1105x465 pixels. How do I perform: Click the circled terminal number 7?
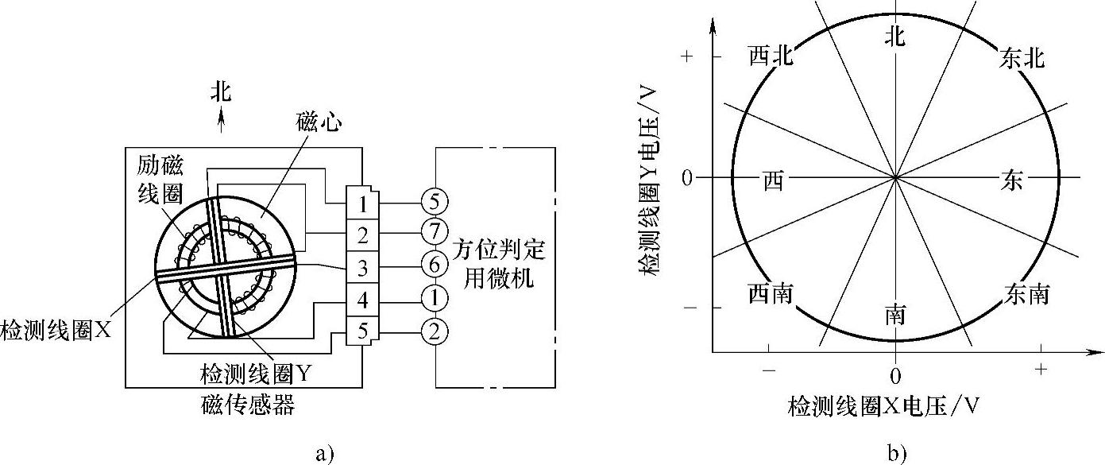point(434,231)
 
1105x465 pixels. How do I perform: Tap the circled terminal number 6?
point(434,265)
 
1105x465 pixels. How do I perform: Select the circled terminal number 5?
point(434,198)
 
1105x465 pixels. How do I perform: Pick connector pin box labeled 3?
point(362,268)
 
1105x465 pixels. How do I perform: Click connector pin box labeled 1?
point(362,203)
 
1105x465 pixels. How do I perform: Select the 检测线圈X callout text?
point(56,327)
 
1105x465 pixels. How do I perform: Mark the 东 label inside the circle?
point(1011,180)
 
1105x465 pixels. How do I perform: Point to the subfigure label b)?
point(897,454)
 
